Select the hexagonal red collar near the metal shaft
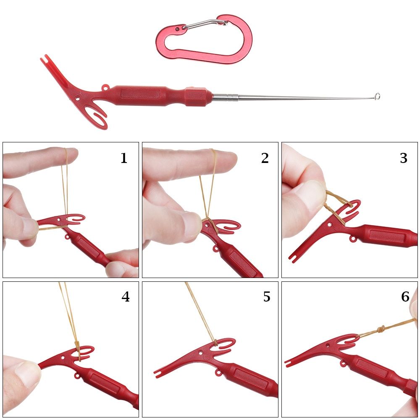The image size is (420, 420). click(x=196, y=96)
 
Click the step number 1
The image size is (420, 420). click(x=123, y=158)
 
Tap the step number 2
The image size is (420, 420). click(x=265, y=158)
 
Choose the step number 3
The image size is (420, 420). click(x=404, y=158)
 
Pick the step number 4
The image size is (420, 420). click(x=126, y=297)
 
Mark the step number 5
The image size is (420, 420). click(x=267, y=297)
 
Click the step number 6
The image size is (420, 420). click(x=405, y=297)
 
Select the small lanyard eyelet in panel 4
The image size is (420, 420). click(x=78, y=375)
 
